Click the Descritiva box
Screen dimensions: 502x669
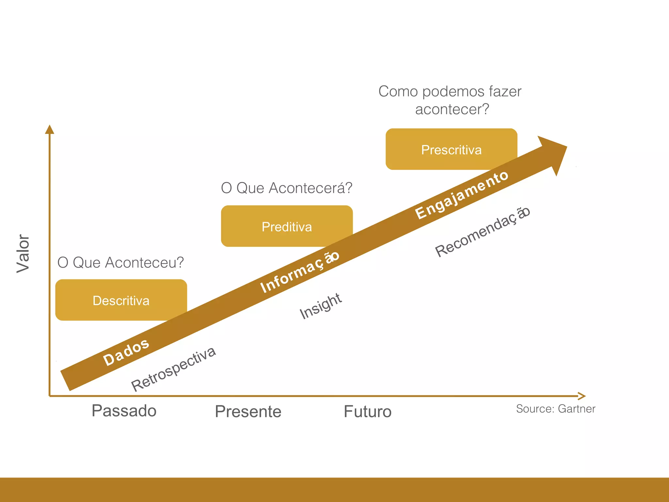[x=121, y=300]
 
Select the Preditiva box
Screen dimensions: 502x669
[x=286, y=226]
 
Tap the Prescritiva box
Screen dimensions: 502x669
[x=451, y=149]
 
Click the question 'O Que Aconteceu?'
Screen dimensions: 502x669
[x=121, y=262]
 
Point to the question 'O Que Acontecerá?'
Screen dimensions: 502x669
[x=286, y=188]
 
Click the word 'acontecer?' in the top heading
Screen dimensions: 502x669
[x=452, y=109]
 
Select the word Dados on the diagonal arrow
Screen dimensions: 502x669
[x=126, y=352]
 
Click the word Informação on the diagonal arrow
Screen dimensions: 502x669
[x=300, y=272]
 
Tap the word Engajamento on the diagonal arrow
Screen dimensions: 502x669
[x=461, y=195]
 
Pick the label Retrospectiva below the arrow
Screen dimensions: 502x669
[x=173, y=369]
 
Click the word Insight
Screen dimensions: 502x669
[x=320, y=306]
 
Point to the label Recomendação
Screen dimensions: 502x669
[x=482, y=232]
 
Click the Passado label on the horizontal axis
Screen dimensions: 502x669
[x=124, y=410]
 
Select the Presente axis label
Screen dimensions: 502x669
[x=248, y=411]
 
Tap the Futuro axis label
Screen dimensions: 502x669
[x=367, y=411]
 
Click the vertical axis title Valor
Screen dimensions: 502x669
[x=23, y=253]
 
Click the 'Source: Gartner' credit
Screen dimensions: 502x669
[x=555, y=409]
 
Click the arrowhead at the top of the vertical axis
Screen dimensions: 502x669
[x=49, y=129]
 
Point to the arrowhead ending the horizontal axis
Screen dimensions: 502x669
[x=581, y=396]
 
